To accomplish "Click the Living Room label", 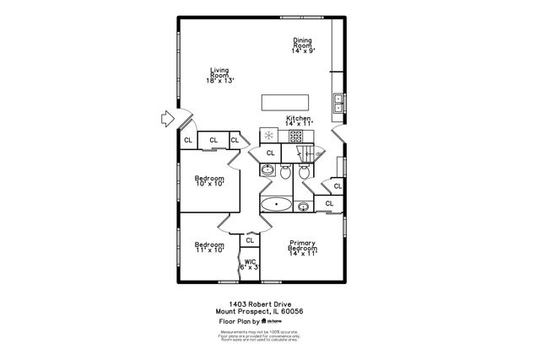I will point(219,75).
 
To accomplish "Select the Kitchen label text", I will point(299,121).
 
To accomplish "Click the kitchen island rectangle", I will point(282,102).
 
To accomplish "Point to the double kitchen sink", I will point(338,103).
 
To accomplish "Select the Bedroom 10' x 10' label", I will point(209,181).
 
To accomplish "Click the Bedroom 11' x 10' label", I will point(208,246).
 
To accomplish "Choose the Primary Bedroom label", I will point(302,246).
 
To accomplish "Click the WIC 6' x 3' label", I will point(251,265).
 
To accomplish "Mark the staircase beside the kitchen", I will point(303,153).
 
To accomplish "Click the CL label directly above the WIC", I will point(250,241).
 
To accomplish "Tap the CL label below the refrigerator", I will point(270,153).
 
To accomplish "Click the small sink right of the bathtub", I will point(303,205).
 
